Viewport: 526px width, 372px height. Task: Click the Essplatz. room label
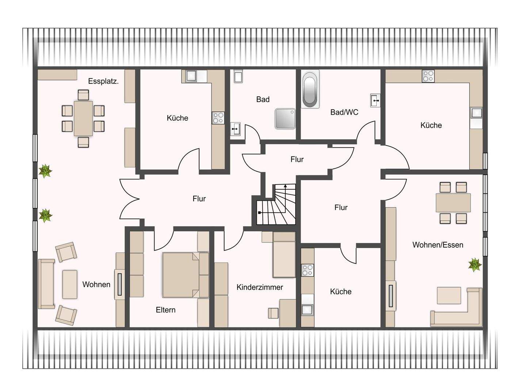103,81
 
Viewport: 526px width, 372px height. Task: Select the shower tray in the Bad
285,119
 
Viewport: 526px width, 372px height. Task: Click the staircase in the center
276,204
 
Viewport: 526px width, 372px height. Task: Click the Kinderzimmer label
260,287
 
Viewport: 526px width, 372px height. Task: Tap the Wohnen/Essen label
438,245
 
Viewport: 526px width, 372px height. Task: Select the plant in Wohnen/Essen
475,265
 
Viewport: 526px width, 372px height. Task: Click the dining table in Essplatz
83,118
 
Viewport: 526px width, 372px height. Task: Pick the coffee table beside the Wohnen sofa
70,284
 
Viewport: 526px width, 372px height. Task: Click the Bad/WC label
344,112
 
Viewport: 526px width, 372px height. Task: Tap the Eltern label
165,310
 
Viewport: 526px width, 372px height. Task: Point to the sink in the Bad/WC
375,100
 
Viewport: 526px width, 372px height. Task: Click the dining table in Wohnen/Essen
453,203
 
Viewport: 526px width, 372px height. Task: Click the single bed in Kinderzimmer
284,255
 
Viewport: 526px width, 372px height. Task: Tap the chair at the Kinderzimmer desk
273,313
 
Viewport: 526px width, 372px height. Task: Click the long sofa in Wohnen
46,284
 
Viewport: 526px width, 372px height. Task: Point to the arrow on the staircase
285,198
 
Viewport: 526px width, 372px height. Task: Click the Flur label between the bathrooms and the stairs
297,159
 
